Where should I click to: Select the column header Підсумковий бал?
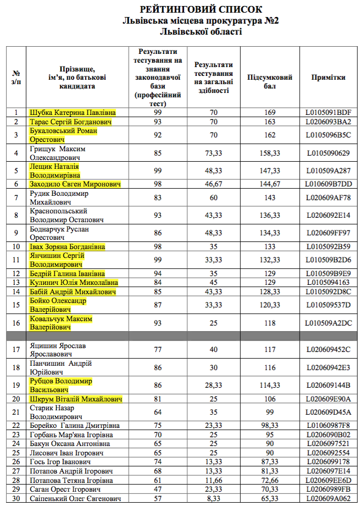point(269,81)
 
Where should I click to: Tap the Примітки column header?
point(328,78)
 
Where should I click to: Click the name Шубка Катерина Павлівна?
point(73,113)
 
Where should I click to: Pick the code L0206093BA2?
point(328,122)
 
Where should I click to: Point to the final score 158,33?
point(269,153)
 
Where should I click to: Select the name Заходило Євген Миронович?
point(75,184)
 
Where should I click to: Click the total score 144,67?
point(269,184)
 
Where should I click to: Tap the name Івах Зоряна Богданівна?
point(67,247)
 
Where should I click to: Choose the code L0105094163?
point(328,283)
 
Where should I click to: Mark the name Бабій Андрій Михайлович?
point(73,291)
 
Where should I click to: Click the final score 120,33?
point(269,305)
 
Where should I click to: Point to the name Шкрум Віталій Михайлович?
point(76,399)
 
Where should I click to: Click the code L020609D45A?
point(328,412)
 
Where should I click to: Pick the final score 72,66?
point(269,480)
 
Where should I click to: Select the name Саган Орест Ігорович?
point(65,489)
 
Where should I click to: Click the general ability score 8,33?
point(212,498)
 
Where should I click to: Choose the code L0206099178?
point(328,462)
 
